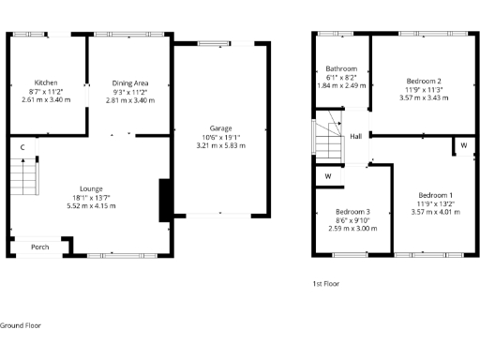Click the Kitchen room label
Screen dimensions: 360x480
click(x=47, y=82)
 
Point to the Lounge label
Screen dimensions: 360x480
click(x=90, y=188)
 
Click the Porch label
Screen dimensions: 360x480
click(x=40, y=247)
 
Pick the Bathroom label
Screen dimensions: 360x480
click(x=341, y=69)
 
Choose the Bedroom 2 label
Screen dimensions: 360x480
click(x=424, y=81)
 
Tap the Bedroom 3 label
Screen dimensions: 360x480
click(x=352, y=212)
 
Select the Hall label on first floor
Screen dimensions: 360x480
click(x=356, y=136)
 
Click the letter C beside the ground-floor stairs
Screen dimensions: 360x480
click(x=22, y=147)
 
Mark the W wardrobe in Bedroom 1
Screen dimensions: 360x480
click(x=464, y=146)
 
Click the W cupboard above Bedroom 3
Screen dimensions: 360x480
click(x=328, y=175)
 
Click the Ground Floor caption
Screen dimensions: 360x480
click(x=23, y=324)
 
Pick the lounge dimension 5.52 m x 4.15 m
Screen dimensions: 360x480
click(x=90, y=205)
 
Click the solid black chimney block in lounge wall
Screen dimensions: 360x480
click(x=165, y=200)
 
